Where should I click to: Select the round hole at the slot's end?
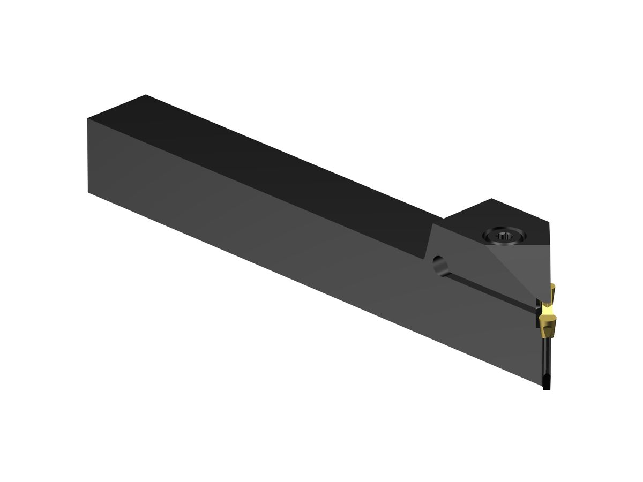[439, 264]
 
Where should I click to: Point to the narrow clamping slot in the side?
[488, 290]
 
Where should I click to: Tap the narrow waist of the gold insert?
[548, 310]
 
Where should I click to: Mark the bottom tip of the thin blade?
[546, 387]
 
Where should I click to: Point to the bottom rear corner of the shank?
[88, 192]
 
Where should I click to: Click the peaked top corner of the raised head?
[491, 199]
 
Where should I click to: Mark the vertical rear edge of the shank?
[87, 155]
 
